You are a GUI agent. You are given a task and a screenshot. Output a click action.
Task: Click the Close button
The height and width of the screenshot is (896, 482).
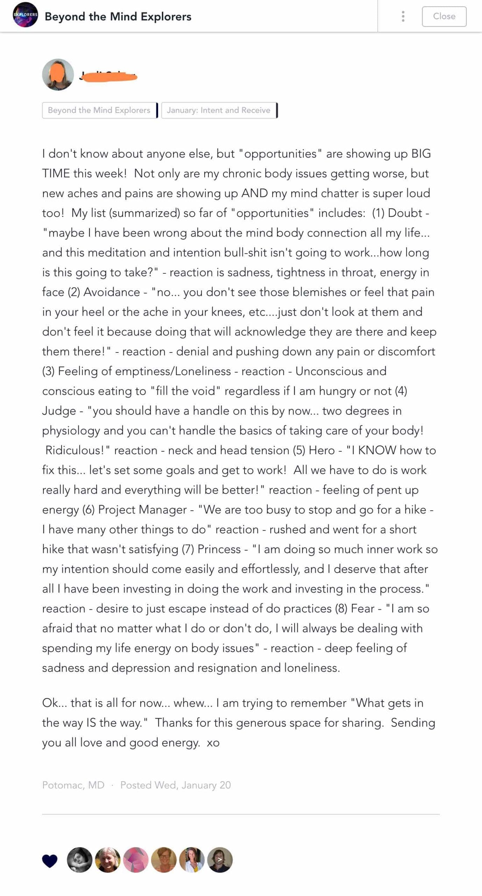[444, 16]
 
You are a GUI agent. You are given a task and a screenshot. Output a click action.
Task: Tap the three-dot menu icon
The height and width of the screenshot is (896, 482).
[403, 16]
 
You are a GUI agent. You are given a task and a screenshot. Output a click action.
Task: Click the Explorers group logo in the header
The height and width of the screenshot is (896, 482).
[25, 15]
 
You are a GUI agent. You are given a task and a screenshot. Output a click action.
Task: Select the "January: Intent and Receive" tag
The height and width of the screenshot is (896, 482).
[219, 110]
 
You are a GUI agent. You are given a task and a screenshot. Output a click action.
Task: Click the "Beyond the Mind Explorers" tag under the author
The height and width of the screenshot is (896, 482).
[99, 110]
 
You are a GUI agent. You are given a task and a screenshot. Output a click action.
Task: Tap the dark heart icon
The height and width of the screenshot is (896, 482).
[50, 861]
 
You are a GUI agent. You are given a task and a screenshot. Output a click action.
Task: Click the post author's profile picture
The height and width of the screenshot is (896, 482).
[58, 75]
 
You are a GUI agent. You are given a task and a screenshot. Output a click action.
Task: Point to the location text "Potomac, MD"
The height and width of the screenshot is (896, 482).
[73, 785]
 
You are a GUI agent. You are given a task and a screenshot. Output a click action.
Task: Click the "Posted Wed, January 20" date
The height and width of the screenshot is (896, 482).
[176, 785]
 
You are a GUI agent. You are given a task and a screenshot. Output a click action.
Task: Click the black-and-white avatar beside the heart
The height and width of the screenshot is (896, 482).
[80, 860]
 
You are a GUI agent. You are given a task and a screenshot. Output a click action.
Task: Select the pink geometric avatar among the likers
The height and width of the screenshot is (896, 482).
[136, 860]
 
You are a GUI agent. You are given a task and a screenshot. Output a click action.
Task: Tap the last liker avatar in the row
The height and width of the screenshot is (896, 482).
[220, 860]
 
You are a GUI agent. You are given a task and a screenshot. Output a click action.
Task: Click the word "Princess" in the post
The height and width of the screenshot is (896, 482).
[219, 549]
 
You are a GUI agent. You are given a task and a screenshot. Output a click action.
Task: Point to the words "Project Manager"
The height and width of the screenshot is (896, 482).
[142, 510]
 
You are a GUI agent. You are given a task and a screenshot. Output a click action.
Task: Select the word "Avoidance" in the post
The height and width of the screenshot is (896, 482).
[112, 292]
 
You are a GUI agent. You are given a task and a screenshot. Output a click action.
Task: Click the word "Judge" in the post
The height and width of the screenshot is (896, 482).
[59, 411]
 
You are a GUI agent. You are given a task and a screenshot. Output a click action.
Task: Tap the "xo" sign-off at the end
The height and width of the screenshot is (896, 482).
[213, 743]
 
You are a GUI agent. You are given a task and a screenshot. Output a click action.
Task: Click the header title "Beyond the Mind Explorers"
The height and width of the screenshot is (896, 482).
[118, 16]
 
